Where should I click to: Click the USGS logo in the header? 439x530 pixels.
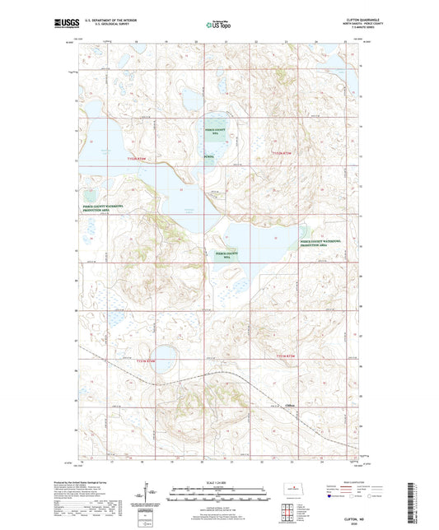point(62,25)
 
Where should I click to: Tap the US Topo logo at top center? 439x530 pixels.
point(217,25)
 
